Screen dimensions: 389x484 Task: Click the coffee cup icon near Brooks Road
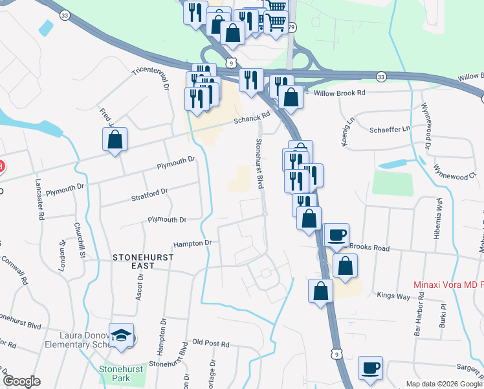pyautogui.click(x=336, y=235)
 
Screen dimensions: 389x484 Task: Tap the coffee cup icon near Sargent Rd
pyautogui.click(x=370, y=368)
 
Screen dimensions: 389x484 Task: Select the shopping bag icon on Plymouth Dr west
pyautogui.click(x=115, y=139)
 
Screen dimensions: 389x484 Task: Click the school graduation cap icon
pyautogui.click(x=122, y=335)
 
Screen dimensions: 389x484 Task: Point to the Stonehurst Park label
pyautogui.click(x=115, y=373)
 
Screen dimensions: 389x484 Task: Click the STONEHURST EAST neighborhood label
pyautogui.click(x=134, y=261)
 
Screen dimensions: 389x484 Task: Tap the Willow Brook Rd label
pyautogui.click(x=339, y=93)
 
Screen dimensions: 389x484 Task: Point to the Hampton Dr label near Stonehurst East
pyautogui.click(x=192, y=244)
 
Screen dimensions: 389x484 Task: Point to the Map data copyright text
pyautogui.click(x=443, y=384)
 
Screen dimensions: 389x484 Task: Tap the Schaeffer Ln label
pyautogui.click(x=390, y=129)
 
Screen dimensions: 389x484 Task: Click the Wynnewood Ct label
pyautogui.click(x=455, y=175)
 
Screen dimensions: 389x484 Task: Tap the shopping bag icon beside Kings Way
pyautogui.click(x=320, y=291)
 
